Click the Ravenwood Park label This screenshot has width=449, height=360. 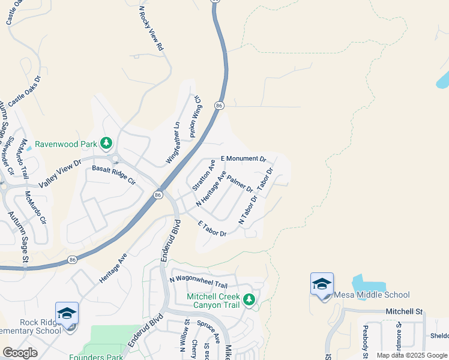[x=65, y=144]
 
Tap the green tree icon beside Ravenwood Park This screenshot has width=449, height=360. [x=106, y=143]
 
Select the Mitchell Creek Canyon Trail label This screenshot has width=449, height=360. [x=213, y=301]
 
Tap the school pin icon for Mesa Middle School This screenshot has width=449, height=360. [x=322, y=284]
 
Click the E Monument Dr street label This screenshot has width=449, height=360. [x=243, y=158]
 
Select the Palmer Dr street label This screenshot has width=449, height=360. [x=240, y=184]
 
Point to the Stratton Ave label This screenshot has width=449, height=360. [x=203, y=175]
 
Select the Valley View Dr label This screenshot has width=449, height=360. [x=59, y=175]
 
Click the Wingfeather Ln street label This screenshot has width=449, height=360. [x=173, y=143]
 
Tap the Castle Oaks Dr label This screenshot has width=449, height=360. [x=25, y=92]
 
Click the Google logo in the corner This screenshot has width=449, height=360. [x=20, y=353]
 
